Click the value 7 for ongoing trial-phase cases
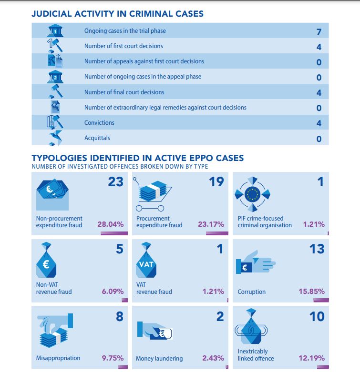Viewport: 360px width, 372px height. click(x=319, y=32)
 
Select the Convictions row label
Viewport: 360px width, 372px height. click(x=99, y=122)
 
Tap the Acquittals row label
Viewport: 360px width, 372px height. click(x=97, y=138)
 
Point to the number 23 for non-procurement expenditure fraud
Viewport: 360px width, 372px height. click(x=115, y=181)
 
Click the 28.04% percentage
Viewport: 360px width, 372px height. click(x=111, y=224)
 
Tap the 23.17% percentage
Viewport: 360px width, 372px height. click(x=211, y=224)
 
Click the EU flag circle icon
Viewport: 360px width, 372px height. click(x=253, y=194)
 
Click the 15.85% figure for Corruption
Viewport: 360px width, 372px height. click(x=311, y=291)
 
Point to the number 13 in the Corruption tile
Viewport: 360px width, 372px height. click(x=317, y=249)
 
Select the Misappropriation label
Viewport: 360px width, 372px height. click(x=58, y=358)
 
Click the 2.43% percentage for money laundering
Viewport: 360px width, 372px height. click(x=213, y=358)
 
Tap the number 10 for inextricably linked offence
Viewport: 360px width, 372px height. click(x=317, y=316)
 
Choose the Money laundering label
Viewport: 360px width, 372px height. click(x=159, y=358)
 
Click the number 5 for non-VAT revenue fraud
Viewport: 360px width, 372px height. click(x=119, y=249)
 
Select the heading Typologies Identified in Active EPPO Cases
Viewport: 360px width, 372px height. click(x=137, y=158)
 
